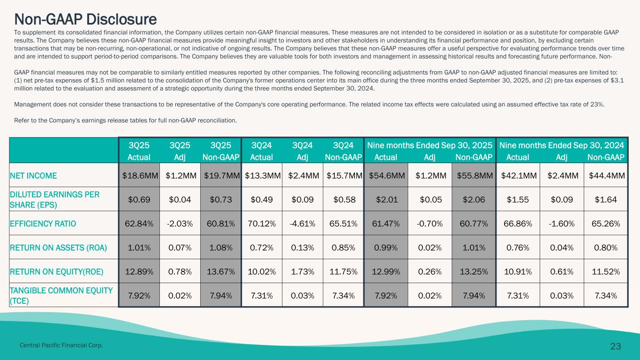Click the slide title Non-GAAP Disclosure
click(x=85, y=19)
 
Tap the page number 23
click(x=616, y=346)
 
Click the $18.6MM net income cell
click(x=139, y=176)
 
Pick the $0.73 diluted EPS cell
click(x=220, y=199)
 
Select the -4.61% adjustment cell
click(x=302, y=223)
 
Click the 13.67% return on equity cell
click(x=220, y=271)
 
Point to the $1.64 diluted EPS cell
click(x=607, y=199)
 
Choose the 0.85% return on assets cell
click(x=344, y=247)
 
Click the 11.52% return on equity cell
click(x=607, y=271)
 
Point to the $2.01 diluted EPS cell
click(x=387, y=199)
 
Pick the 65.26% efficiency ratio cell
click(x=607, y=223)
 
